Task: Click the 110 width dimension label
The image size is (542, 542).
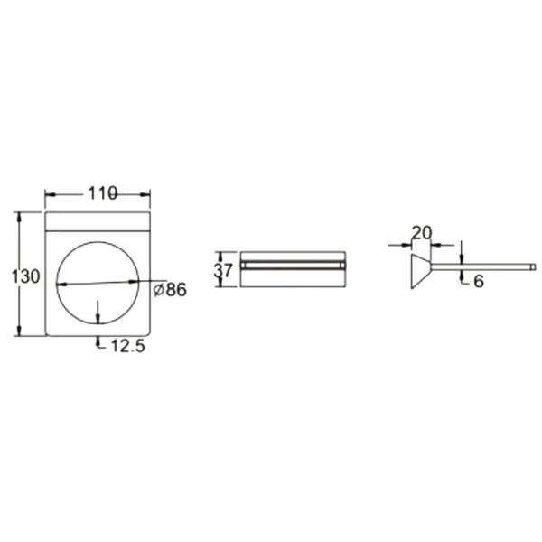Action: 103,193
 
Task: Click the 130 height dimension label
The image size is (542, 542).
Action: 25,277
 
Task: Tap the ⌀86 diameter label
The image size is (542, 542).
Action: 170,290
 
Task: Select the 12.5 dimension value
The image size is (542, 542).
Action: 128,346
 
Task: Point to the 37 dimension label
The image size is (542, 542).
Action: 223,270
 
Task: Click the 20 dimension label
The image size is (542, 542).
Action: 422,233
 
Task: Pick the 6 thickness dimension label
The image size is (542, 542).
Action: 479,281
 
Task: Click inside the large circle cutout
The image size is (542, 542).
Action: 98,283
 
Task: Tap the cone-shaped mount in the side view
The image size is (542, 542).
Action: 421,272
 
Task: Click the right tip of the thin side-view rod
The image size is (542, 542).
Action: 535,266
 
